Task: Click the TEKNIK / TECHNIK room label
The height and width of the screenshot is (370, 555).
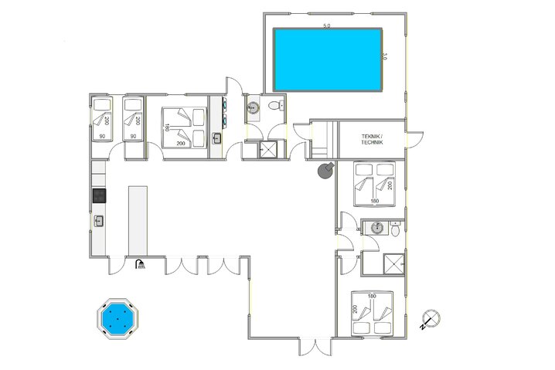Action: [372, 139]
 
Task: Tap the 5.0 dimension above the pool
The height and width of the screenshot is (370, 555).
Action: [326, 26]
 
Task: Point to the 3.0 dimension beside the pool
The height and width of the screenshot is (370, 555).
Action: [384, 56]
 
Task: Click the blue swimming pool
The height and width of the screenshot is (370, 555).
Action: [327, 59]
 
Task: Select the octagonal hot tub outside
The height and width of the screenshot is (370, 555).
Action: [117, 317]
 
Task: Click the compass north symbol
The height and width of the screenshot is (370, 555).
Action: [431, 317]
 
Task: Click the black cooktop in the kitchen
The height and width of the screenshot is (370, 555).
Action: [98, 195]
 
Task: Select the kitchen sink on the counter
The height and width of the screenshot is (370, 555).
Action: [98, 221]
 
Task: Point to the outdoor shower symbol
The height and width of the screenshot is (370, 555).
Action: [140, 265]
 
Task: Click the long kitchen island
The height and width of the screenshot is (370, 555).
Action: [138, 219]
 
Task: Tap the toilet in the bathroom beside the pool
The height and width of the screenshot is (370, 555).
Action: [274, 107]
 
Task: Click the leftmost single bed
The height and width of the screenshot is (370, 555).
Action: [103, 120]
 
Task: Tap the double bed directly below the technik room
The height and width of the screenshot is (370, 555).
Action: [373, 184]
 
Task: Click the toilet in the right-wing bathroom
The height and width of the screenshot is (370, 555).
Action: [395, 229]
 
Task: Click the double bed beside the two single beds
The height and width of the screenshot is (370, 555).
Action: [184, 126]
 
